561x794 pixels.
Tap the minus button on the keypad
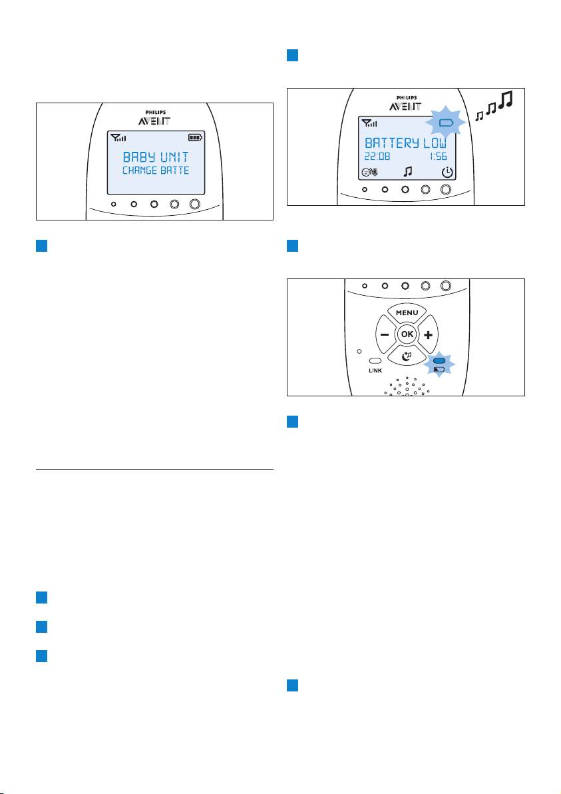click(385, 334)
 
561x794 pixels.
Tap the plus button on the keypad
click(429, 334)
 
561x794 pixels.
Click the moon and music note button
click(407, 356)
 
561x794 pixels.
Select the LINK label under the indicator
click(375, 370)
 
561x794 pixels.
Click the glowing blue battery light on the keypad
click(439, 360)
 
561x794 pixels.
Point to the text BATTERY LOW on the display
click(406, 143)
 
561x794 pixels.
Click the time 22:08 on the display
click(377, 157)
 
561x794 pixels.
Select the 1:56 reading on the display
click(438, 157)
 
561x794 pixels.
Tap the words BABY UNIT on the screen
click(156, 157)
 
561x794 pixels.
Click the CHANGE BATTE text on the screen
click(156, 171)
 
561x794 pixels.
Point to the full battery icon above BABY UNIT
click(195, 137)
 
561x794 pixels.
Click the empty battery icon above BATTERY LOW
click(446, 123)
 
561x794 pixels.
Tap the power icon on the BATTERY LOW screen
click(447, 172)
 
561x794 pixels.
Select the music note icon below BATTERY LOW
click(408, 172)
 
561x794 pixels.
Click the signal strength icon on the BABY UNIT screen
click(118, 137)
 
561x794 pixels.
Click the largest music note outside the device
click(505, 100)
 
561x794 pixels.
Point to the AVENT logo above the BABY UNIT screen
click(154, 121)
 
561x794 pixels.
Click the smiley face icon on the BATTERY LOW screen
click(366, 172)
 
